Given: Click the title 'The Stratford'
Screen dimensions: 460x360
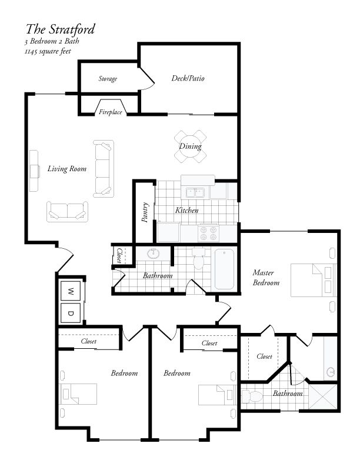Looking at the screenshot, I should (x=60, y=29).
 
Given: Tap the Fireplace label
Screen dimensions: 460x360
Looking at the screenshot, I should (x=110, y=112).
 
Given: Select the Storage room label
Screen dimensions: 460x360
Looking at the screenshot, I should (x=108, y=79).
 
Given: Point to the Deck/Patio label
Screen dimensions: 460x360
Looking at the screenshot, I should (x=188, y=78).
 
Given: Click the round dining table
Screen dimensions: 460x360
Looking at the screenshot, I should (x=190, y=146).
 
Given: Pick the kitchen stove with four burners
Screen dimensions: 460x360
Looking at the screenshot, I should (x=208, y=233).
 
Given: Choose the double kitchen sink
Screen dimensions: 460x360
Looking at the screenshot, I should (x=195, y=192).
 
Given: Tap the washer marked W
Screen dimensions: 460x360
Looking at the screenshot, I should (x=71, y=291).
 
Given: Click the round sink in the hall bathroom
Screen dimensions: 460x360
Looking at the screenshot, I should (x=155, y=254).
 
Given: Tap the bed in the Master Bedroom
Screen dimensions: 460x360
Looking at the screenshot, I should (x=312, y=279).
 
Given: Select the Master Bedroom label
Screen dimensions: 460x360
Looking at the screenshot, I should (x=266, y=277).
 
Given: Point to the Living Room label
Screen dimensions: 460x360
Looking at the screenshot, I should (x=66, y=169).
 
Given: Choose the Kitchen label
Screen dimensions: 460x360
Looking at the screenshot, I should (x=186, y=210).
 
